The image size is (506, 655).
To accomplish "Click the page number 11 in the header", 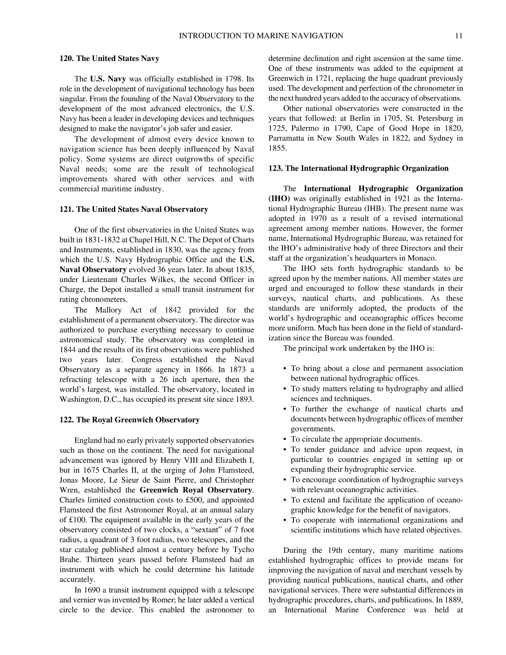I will tap(458, 36).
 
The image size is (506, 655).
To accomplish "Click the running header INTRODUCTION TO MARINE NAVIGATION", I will tap(261, 36).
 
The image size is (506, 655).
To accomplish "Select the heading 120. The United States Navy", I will tap(109, 59).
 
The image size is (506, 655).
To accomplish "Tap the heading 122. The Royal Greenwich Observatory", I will tap(129, 420).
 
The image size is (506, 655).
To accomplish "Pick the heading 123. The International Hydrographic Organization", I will tap(358, 168).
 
